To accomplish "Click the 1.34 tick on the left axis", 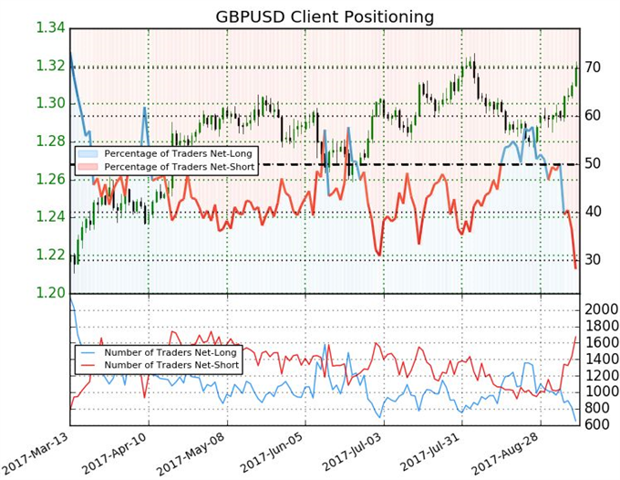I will (49, 28).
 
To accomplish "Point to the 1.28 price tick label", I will (49, 141).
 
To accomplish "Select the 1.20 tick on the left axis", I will (49, 292).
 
